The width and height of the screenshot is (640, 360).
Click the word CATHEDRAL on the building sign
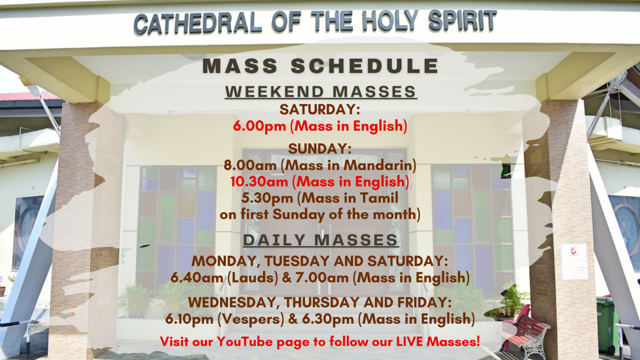pos(197,23)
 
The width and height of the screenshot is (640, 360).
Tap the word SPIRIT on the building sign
pos(462,20)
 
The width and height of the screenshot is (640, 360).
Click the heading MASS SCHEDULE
pos(320,66)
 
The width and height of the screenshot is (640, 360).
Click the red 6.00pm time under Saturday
pos(260,126)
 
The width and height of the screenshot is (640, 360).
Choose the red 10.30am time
pos(259,182)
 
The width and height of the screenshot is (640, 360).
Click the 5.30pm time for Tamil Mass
pos(267,198)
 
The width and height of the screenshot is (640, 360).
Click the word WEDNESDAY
pos(232,302)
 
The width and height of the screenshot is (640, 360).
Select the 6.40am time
pos(197,278)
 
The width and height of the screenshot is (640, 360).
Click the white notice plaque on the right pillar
pos(574,261)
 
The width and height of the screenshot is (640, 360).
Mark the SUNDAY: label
pos(320,149)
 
